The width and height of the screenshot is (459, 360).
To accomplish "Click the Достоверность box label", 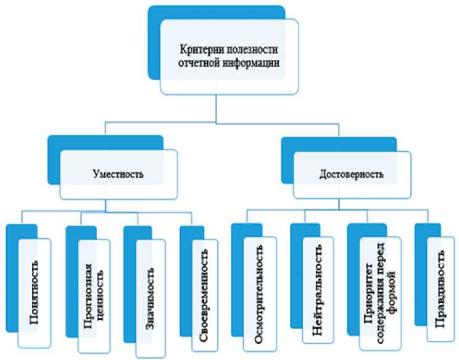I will [348, 175].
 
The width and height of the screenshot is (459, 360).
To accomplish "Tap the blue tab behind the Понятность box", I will [12, 278].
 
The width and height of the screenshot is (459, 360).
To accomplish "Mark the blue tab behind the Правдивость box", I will [420, 278].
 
